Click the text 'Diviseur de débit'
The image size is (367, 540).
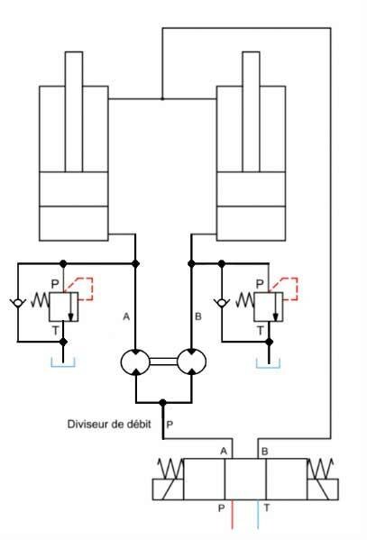109,424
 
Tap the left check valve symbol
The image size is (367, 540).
18,303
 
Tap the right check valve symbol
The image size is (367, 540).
222,303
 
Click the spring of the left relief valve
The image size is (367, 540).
40,299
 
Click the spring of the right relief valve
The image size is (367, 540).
244,299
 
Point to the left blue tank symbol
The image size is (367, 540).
63,365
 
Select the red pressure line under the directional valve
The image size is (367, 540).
233,514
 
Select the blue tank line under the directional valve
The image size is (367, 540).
258,514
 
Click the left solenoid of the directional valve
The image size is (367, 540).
168,489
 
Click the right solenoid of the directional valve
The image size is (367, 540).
323,489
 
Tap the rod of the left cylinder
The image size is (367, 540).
74,112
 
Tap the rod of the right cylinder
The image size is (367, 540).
252,112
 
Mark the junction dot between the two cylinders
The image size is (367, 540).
162,99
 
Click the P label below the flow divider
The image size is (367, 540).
170,424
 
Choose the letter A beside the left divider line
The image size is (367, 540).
126,316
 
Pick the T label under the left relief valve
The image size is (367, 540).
55,331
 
